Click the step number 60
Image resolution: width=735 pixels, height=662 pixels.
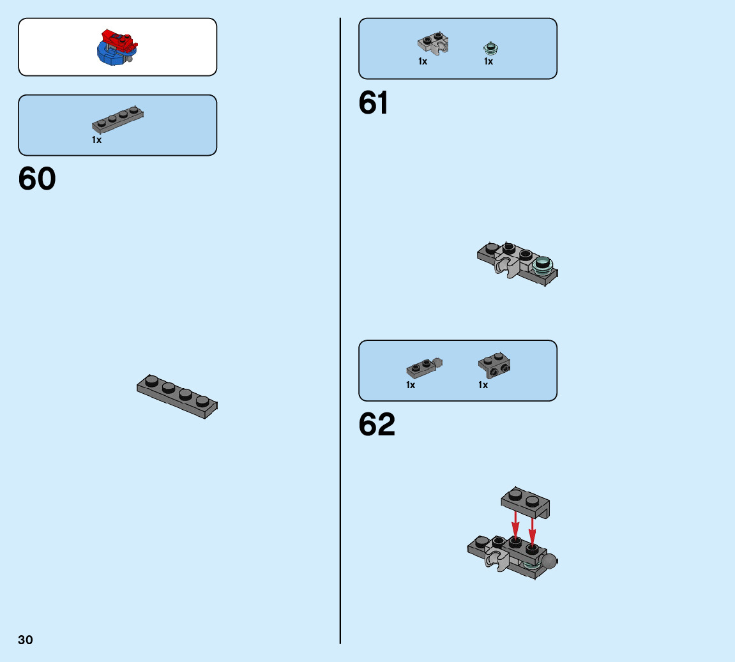(37, 179)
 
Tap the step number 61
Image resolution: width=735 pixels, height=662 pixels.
(373, 103)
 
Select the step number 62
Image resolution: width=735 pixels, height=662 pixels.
(377, 425)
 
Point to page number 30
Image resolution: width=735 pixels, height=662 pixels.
(26, 640)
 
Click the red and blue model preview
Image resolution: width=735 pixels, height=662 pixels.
(117, 47)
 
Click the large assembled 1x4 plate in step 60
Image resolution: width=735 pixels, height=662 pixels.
(178, 396)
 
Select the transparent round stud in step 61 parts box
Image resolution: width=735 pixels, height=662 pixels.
(490, 47)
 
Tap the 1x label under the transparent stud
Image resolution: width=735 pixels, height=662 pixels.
(489, 62)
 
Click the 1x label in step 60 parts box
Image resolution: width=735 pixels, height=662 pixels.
(96, 140)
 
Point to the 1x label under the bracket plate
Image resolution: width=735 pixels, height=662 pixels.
(483, 385)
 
